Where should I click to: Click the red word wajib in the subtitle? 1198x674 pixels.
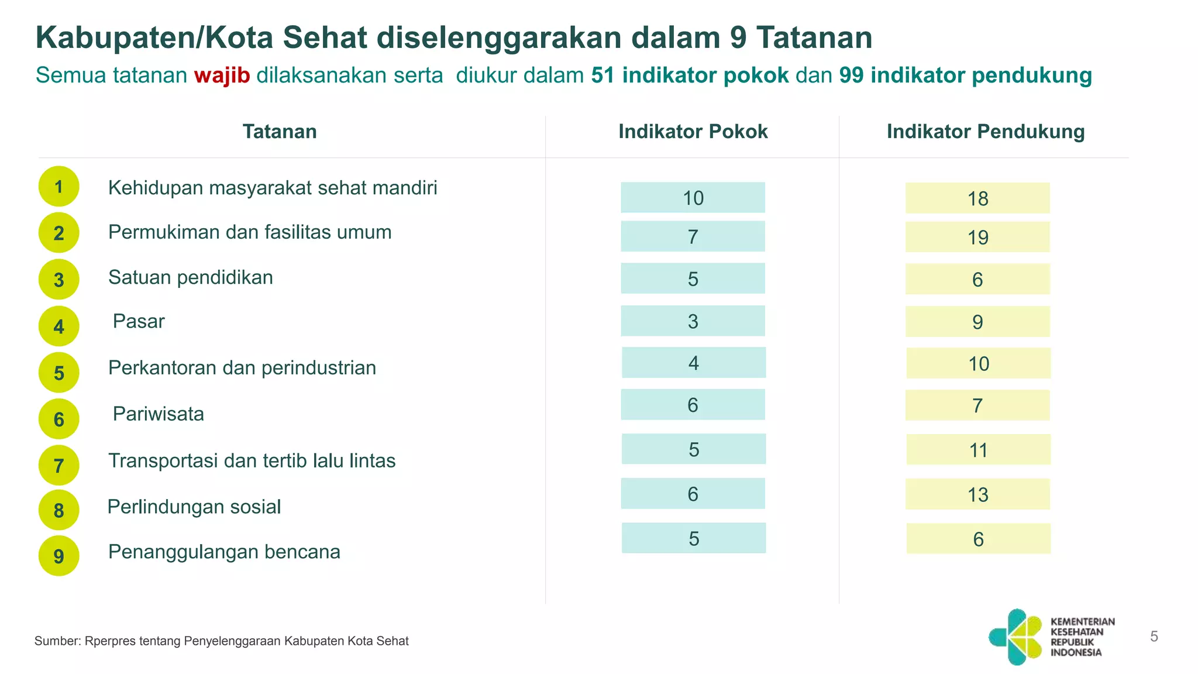click(x=222, y=75)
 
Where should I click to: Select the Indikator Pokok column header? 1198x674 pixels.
click(x=693, y=132)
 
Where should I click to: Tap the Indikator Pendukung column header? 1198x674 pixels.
click(x=985, y=132)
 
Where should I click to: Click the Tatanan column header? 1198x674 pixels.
click(x=280, y=132)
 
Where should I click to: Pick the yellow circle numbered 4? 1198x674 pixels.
click(x=59, y=326)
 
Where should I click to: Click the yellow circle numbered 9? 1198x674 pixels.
click(x=59, y=556)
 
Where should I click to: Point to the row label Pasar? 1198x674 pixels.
click(x=139, y=321)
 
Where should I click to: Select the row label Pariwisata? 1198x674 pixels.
click(x=158, y=414)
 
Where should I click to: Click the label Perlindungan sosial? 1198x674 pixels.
click(x=194, y=507)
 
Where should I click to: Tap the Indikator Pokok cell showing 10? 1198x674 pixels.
click(x=693, y=198)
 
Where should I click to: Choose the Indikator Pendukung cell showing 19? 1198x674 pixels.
click(x=977, y=237)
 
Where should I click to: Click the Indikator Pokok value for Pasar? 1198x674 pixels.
click(x=693, y=321)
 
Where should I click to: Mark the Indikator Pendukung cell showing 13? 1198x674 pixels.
click(x=977, y=494)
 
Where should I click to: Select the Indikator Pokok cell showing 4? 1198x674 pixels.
click(x=693, y=363)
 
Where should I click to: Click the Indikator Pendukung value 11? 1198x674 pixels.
click(x=978, y=450)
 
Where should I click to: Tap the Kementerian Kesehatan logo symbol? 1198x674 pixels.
click(x=1017, y=637)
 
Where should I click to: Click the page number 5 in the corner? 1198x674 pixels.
click(x=1154, y=637)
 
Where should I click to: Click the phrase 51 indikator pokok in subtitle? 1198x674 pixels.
click(x=690, y=75)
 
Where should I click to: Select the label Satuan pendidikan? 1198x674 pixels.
click(x=191, y=277)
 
